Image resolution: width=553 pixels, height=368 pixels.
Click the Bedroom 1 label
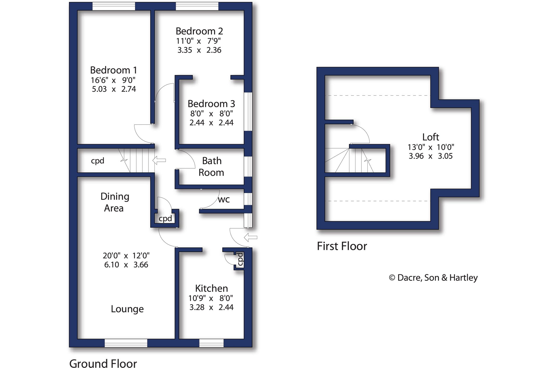(x=113, y=70)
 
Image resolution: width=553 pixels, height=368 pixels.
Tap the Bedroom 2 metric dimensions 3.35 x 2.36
(x=199, y=50)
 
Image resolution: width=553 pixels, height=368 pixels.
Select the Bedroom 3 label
(x=211, y=104)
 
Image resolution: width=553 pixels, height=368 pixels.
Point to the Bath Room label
(x=211, y=166)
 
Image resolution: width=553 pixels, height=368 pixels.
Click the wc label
(x=224, y=199)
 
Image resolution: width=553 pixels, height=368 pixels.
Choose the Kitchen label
(x=211, y=288)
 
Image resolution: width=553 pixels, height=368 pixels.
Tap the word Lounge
(x=127, y=309)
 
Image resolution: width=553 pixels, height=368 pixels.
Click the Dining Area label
(x=114, y=202)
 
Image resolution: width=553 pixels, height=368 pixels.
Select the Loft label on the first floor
(x=430, y=137)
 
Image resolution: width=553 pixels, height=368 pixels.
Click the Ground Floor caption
(x=103, y=363)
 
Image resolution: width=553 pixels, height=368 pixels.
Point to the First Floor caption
(x=342, y=246)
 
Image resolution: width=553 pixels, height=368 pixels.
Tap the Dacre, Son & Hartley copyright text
(x=433, y=278)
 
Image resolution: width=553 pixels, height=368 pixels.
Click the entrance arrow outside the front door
(x=250, y=237)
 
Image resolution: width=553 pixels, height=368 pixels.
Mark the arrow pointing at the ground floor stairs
(x=159, y=160)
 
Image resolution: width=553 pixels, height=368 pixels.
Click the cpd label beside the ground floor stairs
(x=98, y=161)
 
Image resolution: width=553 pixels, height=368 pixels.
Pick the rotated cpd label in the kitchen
(x=240, y=259)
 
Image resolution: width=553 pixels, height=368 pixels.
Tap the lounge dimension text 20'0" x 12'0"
(x=126, y=256)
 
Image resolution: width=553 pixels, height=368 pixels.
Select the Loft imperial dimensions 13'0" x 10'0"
(x=430, y=147)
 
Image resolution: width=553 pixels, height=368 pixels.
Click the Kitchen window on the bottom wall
(x=211, y=343)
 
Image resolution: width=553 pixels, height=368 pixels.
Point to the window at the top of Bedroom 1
(x=114, y=6)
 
